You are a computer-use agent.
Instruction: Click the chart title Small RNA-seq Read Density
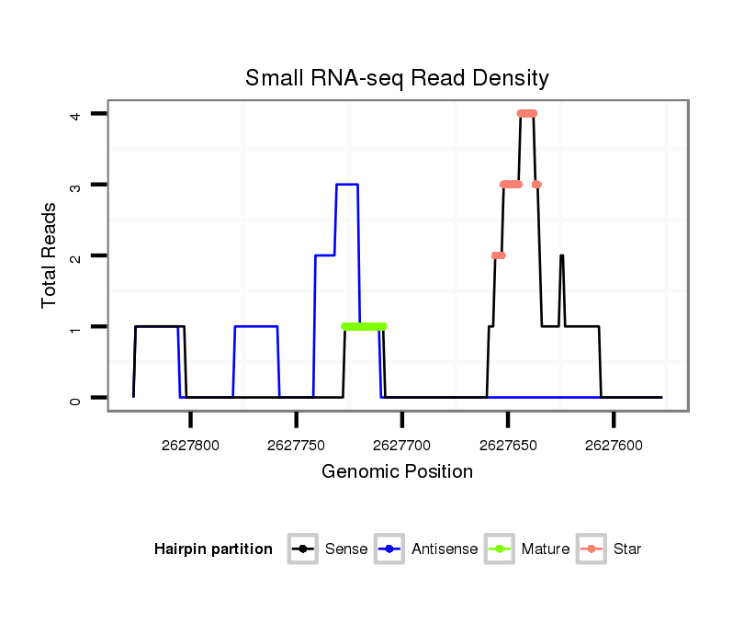coord(397,78)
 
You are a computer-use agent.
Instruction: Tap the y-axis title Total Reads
coord(50,255)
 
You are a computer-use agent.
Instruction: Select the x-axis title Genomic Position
coord(397,472)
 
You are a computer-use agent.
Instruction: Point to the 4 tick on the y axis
coord(78,114)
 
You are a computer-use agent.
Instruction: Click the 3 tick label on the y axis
coord(78,185)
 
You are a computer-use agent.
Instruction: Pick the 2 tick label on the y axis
coord(78,255)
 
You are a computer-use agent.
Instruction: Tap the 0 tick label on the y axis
coord(78,398)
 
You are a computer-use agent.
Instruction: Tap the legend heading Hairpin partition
coord(213,549)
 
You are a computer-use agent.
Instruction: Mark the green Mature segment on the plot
coord(364,326)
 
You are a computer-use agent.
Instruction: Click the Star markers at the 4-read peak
coord(526,114)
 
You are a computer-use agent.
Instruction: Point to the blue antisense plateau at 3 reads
coord(347,185)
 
